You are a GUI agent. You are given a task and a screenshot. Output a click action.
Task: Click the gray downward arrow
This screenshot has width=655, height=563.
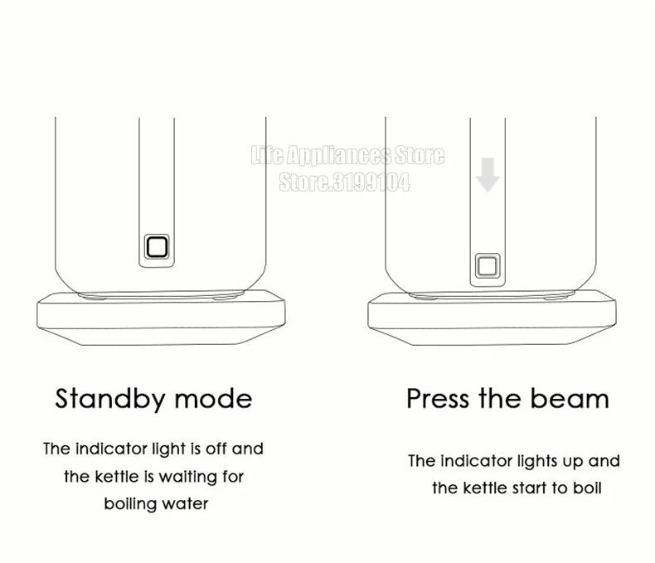488,175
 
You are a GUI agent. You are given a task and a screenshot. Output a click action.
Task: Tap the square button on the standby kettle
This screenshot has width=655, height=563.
157,246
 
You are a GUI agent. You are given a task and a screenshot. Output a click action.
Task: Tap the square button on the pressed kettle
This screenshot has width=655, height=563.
488,265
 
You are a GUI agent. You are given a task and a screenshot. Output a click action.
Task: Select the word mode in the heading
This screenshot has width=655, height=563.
213,399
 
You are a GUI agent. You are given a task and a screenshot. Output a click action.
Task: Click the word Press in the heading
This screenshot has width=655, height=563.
438,399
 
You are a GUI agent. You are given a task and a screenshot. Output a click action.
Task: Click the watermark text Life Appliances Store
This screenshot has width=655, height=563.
347,155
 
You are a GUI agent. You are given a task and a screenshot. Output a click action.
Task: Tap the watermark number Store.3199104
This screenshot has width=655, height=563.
344,182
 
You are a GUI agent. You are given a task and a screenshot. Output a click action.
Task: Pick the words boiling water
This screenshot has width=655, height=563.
156,503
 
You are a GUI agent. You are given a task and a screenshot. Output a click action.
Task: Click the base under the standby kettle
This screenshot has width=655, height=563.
161,318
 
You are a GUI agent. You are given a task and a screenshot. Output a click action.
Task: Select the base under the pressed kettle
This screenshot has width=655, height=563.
492,318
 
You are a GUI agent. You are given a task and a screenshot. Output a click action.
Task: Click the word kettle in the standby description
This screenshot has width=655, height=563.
117,477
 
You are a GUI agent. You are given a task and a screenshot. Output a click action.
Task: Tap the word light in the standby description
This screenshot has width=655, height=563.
168,449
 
